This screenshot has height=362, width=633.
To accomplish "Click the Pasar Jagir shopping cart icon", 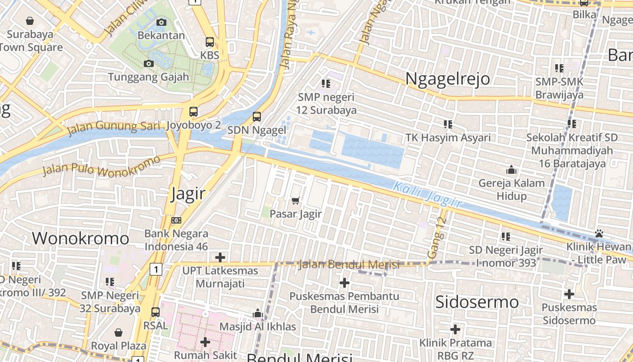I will [296, 200].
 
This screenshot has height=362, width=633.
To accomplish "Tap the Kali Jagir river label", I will [427, 194].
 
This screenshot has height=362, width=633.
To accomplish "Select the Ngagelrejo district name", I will [447, 79].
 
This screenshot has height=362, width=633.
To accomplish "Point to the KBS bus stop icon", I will [210, 42].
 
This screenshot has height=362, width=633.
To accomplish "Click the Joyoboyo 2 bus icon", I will [194, 111].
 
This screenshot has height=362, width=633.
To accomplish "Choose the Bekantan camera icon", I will [161, 22].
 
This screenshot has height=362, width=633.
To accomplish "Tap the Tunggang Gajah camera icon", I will [148, 64].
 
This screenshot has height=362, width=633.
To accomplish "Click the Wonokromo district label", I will [80, 238].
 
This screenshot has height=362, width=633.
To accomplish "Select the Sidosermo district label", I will [477, 302].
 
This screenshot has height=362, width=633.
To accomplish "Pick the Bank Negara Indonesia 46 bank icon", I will [176, 220].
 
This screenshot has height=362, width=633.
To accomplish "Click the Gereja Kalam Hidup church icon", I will [511, 170].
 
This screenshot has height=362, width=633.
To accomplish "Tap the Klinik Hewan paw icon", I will [600, 234].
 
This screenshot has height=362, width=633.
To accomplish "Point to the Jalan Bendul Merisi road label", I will [349, 264].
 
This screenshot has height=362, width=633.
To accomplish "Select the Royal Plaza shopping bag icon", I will [118, 333].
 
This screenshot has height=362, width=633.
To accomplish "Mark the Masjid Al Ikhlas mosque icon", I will [258, 313].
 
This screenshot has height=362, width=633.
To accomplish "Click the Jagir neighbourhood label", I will [188, 194].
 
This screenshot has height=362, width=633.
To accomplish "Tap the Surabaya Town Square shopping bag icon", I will [30, 21].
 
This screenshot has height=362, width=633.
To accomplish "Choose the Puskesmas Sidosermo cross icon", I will [569, 295].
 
